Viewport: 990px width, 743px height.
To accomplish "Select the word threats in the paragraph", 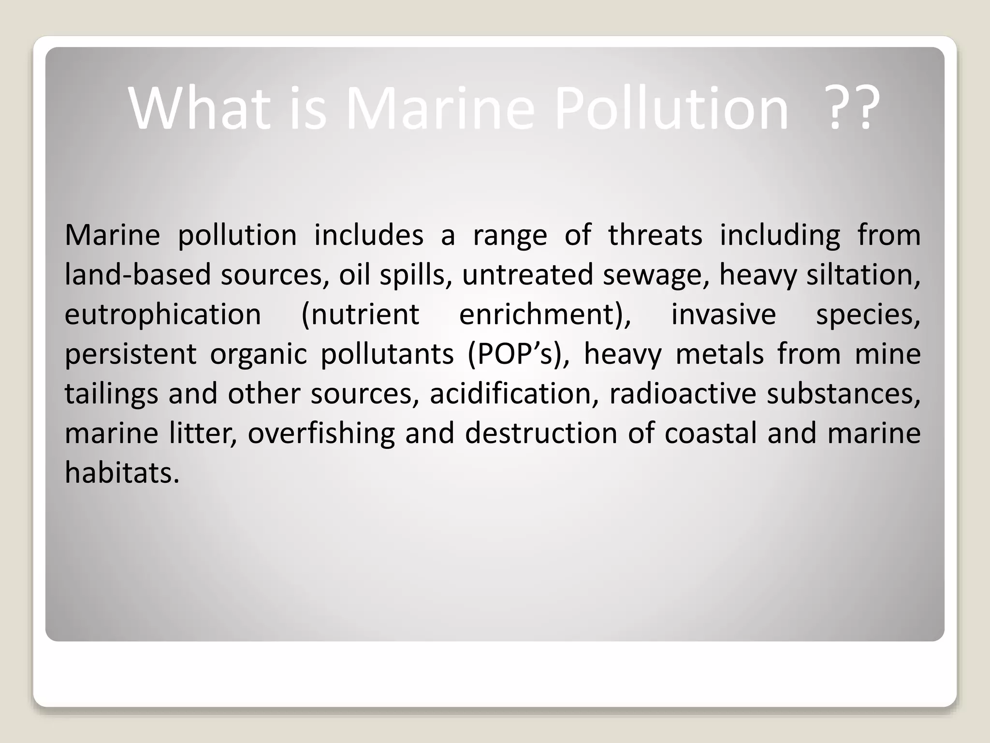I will (655, 236).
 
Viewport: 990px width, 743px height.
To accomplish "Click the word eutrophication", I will (163, 315).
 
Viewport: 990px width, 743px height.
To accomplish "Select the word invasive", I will (724, 315).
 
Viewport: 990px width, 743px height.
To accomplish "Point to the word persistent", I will (131, 354).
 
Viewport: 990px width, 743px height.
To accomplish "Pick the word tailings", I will (111, 394).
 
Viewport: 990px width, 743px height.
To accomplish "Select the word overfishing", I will (321, 433).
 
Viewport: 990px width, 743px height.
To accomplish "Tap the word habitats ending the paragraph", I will (122, 473).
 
